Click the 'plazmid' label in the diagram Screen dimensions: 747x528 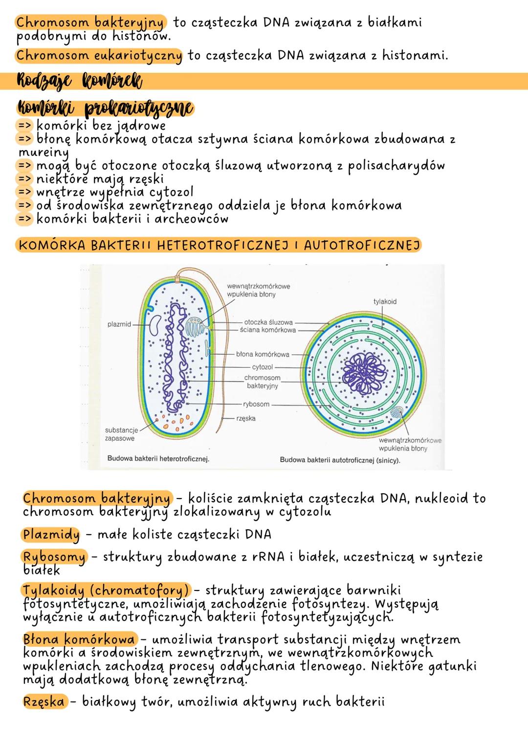click(119, 324)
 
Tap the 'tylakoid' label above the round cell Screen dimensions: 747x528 click(385, 302)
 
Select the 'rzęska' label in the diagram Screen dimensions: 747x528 click(245, 419)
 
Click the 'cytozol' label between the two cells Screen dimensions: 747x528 click(262, 367)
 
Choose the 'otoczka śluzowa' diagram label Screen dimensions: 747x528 click(268, 322)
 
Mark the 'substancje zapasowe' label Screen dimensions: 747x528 click(120, 434)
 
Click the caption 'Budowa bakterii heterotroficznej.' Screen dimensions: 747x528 click(158, 459)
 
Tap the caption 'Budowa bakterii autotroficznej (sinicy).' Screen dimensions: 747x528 click(340, 460)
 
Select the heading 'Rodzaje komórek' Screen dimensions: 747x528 click(79, 81)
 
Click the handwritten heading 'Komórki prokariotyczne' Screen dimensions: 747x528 click(105, 107)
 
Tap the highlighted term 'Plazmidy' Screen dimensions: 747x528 click(51, 535)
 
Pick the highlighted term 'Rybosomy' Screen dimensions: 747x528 click(54, 557)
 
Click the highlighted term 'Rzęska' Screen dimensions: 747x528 click(44, 702)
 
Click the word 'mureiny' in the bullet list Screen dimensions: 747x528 click(43, 153)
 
